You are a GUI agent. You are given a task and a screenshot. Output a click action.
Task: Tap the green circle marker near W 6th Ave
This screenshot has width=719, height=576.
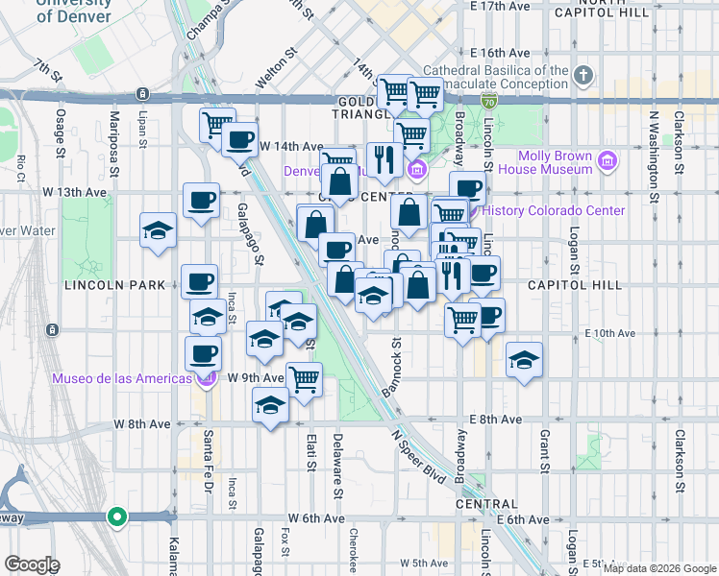117,517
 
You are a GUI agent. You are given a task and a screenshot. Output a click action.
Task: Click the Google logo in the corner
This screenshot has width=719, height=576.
32,564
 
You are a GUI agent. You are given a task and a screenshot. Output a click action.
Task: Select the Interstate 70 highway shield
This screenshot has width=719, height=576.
489,99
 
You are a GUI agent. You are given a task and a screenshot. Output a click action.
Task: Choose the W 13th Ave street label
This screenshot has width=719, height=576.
74,192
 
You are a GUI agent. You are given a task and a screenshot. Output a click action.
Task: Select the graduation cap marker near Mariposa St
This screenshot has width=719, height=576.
159,231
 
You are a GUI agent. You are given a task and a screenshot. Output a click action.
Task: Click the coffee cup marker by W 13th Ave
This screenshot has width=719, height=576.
201,201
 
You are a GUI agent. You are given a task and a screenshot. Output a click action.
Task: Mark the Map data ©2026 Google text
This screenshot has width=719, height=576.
659,568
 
